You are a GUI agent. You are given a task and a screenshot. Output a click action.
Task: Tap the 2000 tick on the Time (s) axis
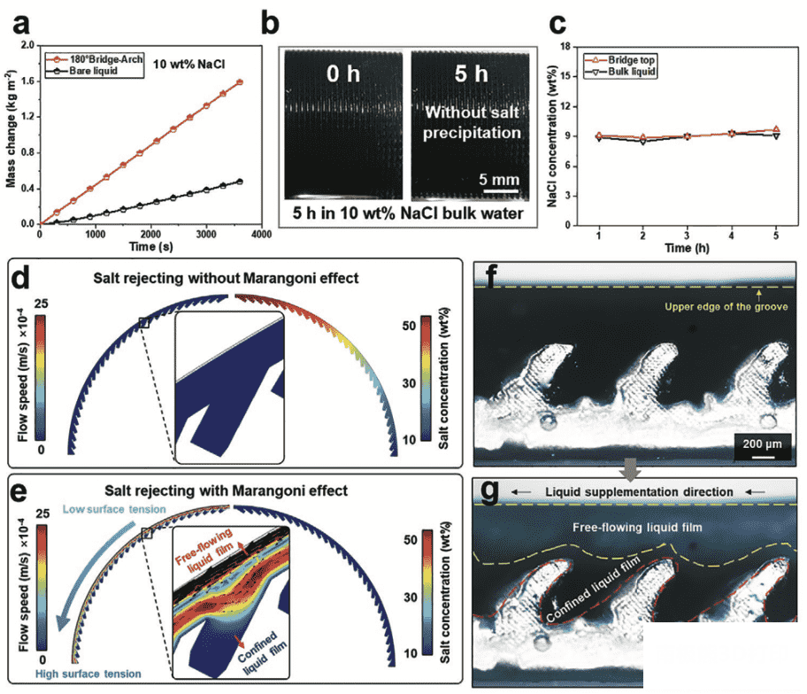(150, 233)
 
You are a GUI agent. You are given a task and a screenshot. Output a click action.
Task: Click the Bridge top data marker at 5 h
(776, 129)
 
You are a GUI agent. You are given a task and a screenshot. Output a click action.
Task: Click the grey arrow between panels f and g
(626, 468)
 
